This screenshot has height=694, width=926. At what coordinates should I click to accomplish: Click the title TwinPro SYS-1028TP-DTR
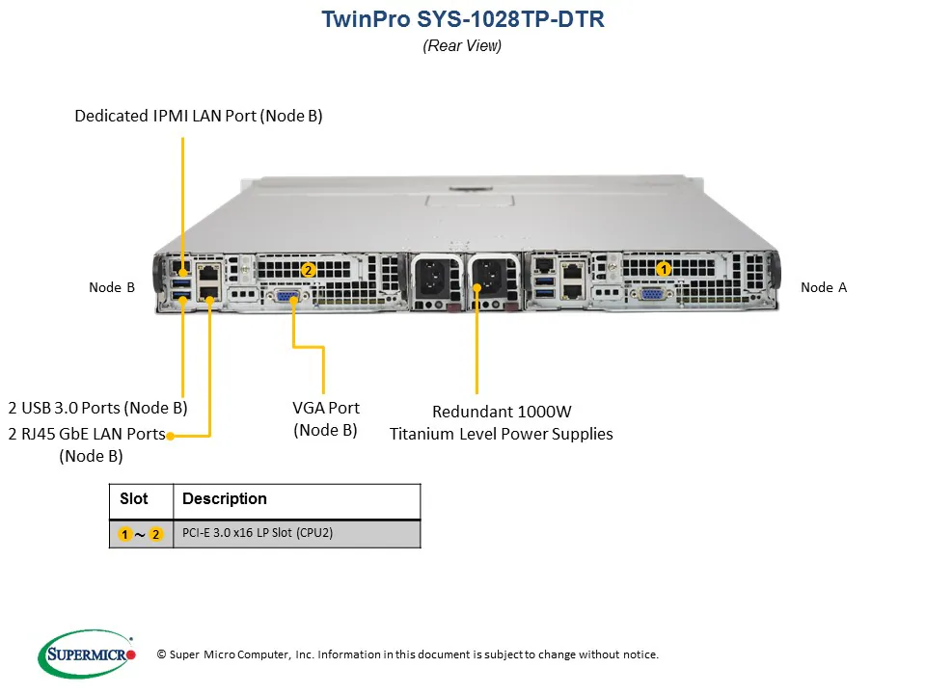462,20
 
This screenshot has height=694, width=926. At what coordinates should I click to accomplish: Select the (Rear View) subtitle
462,46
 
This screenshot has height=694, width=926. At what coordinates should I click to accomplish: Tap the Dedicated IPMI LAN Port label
199,116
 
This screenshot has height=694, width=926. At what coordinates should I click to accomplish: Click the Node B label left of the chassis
112,287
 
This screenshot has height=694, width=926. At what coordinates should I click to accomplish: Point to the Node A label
823,287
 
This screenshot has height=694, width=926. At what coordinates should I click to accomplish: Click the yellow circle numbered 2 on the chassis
308,270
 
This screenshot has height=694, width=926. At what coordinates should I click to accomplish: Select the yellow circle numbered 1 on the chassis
664,269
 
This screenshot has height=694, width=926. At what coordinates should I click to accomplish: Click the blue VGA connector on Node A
651,296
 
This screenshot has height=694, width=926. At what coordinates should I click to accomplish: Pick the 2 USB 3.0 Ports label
97,407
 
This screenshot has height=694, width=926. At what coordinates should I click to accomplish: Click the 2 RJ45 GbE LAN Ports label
88,434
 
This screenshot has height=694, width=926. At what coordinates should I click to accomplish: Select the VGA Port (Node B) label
325,418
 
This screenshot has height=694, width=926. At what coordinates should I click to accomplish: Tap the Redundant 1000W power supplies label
501,422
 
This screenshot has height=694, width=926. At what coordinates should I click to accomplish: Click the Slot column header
134,499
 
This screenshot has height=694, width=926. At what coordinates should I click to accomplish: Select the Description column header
224,499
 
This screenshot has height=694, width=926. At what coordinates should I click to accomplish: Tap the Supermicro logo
87,654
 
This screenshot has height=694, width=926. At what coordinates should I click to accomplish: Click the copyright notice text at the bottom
407,654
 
